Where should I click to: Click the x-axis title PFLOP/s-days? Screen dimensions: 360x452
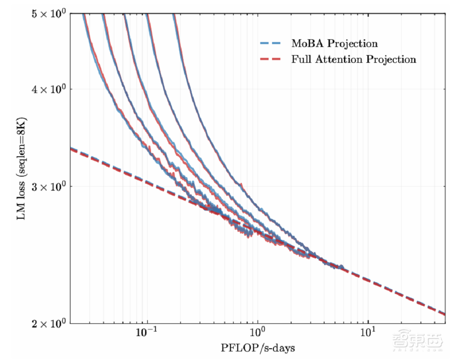(x=258, y=348)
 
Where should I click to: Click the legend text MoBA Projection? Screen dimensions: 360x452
(x=334, y=44)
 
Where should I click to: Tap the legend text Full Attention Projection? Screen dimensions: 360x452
(x=353, y=59)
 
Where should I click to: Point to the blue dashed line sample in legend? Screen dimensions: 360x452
(x=270, y=44)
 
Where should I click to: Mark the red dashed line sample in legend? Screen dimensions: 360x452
(x=270, y=59)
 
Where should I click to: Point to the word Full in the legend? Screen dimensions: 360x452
(x=301, y=59)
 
